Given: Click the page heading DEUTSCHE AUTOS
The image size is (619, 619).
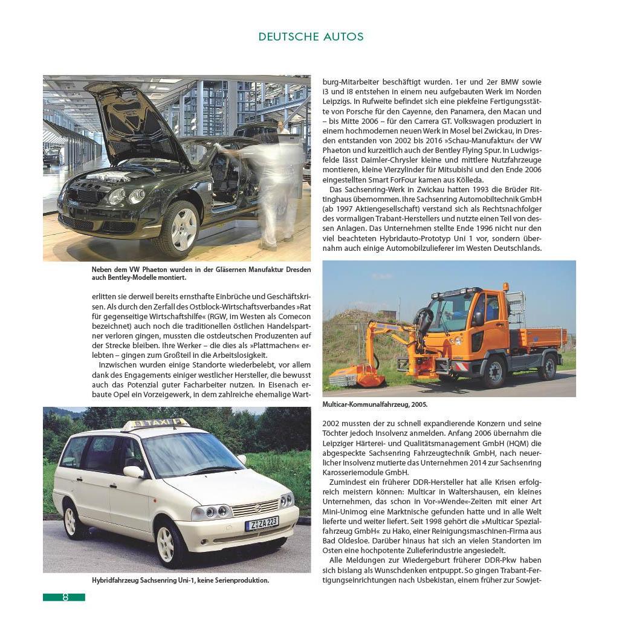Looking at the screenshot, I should (x=311, y=37).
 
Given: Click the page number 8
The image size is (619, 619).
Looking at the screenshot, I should (x=65, y=597).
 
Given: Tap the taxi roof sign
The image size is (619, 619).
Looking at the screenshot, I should (x=155, y=424).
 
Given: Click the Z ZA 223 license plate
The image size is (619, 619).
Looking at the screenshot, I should (x=261, y=523).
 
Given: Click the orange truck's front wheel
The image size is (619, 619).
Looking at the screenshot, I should (x=494, y=372).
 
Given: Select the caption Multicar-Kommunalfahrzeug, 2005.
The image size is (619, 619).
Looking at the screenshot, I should (x=375, y=404).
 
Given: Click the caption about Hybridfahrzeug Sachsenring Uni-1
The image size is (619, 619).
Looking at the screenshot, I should (x=180, y=580).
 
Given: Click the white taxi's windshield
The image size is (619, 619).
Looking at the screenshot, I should (x=188, y=454).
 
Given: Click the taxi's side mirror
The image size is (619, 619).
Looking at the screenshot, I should (x=133, y=472).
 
